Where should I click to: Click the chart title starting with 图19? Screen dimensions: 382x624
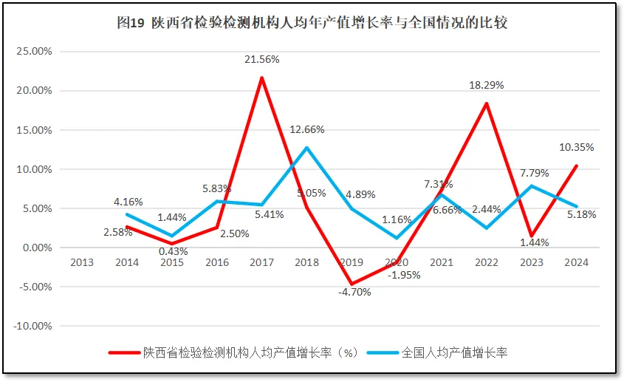click(312, 23)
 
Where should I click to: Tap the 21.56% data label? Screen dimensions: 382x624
click(262, 60)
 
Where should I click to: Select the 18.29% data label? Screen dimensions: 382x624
click(487, 86)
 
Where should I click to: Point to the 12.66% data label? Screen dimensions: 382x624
click(307, 130)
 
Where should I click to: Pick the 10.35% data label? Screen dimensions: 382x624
click(576, 147)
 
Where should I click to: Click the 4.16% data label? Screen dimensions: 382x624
click(128, 201)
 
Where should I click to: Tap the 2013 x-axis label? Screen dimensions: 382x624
click(82, 262)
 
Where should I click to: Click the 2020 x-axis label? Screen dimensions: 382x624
click(397, 262)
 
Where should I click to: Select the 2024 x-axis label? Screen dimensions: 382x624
click(576, 262)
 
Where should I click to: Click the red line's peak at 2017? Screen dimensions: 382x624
click(262, 78)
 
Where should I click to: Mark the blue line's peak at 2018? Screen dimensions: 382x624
click(307, 148)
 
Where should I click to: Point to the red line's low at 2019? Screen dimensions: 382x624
click(352, 284)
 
